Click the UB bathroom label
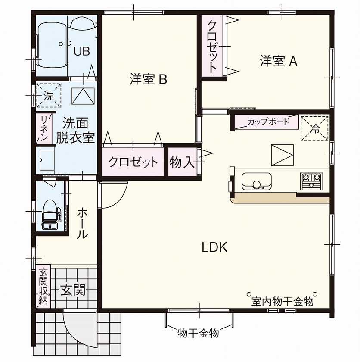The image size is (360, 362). click(81, 51)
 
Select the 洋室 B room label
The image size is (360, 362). click(148, 79)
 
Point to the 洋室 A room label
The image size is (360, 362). click(279, 62)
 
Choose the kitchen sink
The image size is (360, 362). click(256, 181)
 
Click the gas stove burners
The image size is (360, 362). click(311, 181)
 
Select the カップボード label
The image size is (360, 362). click(268, 122)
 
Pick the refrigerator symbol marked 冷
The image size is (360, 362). click(314, 128)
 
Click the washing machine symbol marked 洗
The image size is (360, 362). click(48, 96)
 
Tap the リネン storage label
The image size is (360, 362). click(44, 128)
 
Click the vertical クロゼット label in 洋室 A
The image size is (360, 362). click(212, 46)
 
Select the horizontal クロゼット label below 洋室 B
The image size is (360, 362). click(133, 162)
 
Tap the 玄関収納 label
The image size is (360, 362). click(43, 287)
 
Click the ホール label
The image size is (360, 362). click(82, 223)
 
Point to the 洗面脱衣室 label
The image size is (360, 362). click(75, 131)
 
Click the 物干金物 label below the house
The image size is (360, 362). click(199, 333)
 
